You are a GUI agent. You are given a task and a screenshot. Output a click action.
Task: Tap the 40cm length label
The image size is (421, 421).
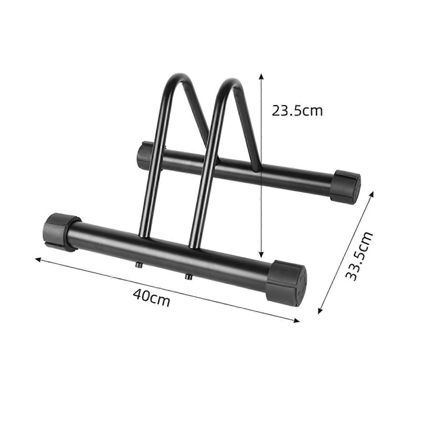tap(151, 298)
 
